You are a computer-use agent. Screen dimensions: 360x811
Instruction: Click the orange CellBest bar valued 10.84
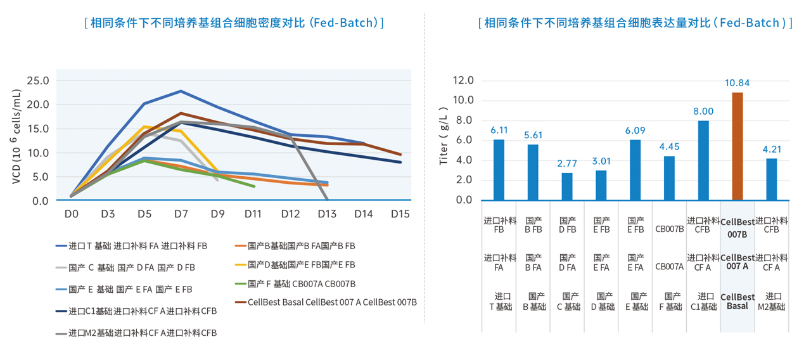click(x=738, y=146)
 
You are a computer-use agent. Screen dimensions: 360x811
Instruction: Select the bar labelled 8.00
click(x=703, y=160)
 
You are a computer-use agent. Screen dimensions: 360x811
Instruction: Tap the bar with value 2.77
click(x=567, y=186)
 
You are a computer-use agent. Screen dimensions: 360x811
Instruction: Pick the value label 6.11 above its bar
click(x=499, y=129)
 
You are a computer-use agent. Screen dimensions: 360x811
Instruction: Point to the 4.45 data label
click(x=669, y=146)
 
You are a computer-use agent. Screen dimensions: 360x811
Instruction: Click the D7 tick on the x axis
click(x=181, y=214)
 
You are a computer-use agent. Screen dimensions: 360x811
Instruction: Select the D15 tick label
click(x=400, y=214)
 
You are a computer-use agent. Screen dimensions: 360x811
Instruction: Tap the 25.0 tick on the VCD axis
click(x=37, y=80)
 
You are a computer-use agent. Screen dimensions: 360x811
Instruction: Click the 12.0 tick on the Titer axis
click(x=463, y=80)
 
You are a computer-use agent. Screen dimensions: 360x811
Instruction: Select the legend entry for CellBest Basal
click(x=326, y=302)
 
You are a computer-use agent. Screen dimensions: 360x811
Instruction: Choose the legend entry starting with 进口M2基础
click(x=136, y=333)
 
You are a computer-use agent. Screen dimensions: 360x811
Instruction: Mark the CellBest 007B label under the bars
click(x=738, y=228)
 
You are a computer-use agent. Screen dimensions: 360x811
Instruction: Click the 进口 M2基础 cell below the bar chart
click(x=771, y=301)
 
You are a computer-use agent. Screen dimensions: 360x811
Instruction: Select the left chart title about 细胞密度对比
click(x=234, y=23)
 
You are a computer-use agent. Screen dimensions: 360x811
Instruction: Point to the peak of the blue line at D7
click(x=181, y=91)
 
